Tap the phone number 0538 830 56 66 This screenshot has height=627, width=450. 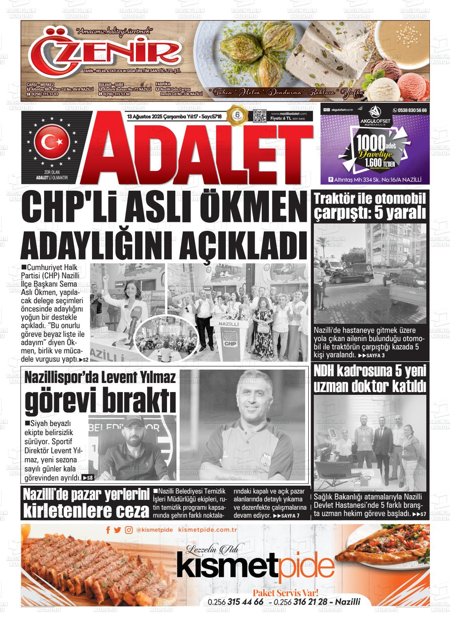click(x=409, y=110)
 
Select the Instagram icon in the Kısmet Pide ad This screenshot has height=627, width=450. click(x=129, y=530)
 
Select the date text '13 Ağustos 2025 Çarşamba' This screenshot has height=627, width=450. click(x=159, y=117)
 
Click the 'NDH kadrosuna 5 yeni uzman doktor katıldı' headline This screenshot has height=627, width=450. click(x=369, y=379)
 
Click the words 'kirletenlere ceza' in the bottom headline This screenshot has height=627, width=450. click(x=86, y=511)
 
